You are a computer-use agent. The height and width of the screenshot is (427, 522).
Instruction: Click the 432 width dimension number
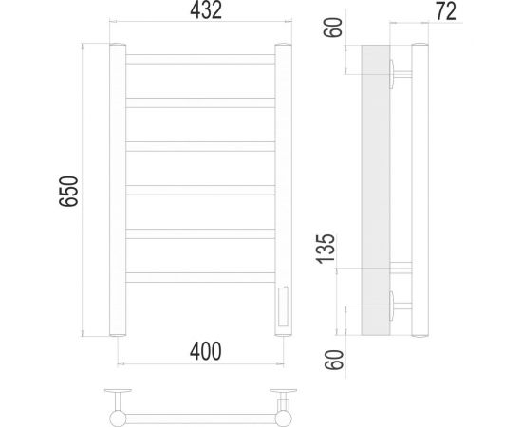pos(202,12)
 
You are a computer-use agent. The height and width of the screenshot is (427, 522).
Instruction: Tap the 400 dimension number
pos(203,350)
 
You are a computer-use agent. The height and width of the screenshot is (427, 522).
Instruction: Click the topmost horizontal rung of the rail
pos(200,59)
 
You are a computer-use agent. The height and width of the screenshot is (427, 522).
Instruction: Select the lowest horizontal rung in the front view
pos(200,277)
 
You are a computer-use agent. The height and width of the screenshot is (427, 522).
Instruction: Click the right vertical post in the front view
pos(283,190)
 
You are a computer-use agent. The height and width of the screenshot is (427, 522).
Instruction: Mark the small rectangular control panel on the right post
pos(283,307)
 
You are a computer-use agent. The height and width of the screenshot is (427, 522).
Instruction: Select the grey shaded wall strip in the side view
pos(376,190)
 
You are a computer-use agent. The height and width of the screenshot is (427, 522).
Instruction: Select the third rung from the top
pos(200,146)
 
